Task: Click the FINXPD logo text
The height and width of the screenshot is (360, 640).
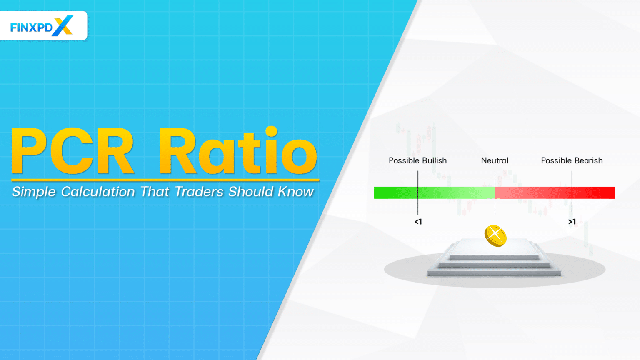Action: coord(31,27)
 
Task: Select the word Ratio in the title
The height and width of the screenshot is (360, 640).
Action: coord(237,152)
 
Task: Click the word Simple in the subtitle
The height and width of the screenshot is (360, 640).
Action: coord(34,192)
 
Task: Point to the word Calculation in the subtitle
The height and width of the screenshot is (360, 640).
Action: coord(98,192)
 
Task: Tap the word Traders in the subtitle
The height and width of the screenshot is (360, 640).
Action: coord(199,192)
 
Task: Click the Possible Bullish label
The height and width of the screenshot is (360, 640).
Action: coord(417,161)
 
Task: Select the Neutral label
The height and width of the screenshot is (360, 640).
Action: coord(495,161)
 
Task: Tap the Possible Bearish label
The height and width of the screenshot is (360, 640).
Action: coord(572,161)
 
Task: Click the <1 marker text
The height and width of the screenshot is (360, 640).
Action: coord(418,222)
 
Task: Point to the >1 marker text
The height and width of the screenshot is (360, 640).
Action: coord(572,222)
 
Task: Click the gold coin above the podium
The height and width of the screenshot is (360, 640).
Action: coord(495,236)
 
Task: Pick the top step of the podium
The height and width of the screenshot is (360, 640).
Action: coord(495,248)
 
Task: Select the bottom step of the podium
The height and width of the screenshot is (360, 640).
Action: coord(495,273)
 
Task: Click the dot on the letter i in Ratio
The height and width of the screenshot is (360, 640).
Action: coord(271,132)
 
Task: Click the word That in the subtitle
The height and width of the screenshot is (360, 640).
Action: coord(155,192)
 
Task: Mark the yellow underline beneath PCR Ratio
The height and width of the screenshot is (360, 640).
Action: coord(165,180)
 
